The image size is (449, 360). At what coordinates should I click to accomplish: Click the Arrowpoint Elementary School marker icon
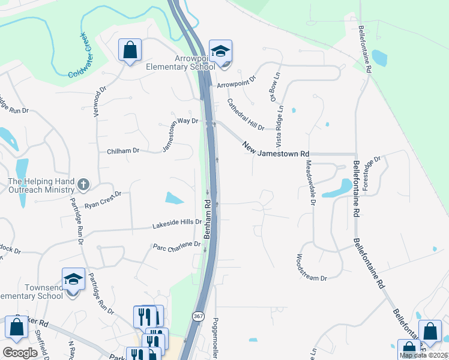pos(220,52)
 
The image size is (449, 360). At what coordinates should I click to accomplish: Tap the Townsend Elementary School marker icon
pos(73,280)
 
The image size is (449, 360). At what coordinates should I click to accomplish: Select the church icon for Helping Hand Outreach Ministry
pos(83,186)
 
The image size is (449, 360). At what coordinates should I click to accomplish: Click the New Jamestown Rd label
pos(276,149)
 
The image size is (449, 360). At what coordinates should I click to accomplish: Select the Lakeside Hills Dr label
pos(177,224)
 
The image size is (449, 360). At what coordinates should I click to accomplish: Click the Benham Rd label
pos(209,219)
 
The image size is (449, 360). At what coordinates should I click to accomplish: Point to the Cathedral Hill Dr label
pos(246,115)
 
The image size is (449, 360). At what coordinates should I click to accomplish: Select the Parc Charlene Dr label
pos(176,245)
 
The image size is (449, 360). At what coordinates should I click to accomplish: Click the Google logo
pos(20,353)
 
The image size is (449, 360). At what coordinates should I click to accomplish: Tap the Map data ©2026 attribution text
pos(424,355)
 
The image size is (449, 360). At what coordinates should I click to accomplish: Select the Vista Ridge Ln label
pos(280,132)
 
